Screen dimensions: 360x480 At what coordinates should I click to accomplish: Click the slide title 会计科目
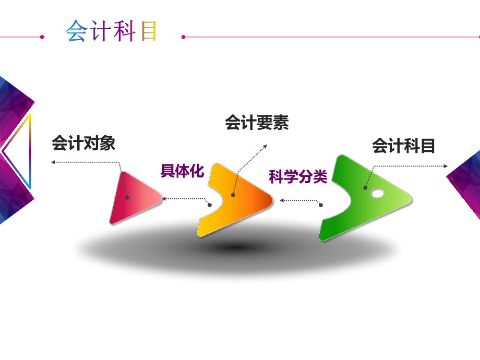pos(111,31)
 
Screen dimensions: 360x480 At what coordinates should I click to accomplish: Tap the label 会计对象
pos(83,143)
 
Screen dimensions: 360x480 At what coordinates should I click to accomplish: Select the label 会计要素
pos(257,123)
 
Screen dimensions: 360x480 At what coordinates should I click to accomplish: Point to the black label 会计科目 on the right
pos(403,146)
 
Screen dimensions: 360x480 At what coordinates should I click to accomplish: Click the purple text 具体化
pos(182,171)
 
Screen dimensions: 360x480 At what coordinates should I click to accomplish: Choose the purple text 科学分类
pos(298,177)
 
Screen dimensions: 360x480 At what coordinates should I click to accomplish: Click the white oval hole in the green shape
pos(377,194)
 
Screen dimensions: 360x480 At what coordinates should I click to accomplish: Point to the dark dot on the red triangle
pos(127,198)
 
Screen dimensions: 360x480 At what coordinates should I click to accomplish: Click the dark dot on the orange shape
pos(233,195)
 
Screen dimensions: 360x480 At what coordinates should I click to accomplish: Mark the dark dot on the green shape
pos(366,187)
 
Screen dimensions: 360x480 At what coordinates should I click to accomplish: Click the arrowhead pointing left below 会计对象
pos(53,162)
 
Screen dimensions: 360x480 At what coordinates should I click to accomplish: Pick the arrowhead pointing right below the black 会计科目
pos(446,166)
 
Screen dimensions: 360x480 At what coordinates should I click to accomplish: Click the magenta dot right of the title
pos(184,37)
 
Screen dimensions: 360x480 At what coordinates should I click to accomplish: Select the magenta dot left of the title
pos(42,37)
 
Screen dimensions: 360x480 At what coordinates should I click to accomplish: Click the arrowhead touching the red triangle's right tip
pos(163,198)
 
